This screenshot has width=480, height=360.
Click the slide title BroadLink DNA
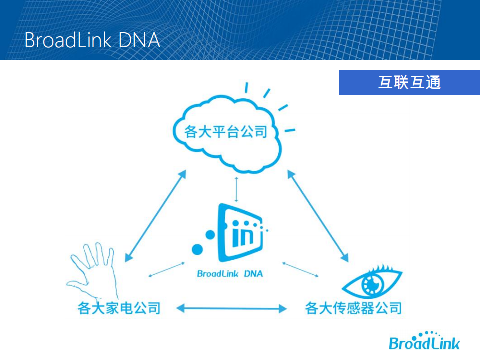click(x=92, y=40)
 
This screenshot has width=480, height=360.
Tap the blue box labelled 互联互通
click(x=409, y=82)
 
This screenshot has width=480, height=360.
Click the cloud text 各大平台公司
click(x=225, y=132)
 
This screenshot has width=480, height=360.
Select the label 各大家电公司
click(x=119, y=307)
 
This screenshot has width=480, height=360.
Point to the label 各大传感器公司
click(x=353, y=307)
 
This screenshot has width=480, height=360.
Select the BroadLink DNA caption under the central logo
click(x=230, y=274)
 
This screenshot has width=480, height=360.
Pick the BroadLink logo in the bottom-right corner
click(x=424, y=341)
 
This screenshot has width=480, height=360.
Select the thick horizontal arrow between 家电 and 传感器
click(x=232, y=308)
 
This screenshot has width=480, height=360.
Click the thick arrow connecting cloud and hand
click(x=155, y=215)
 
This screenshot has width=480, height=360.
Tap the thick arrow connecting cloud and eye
click(x=318, y=215)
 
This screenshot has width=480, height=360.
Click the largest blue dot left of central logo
click(x=198, y=248)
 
